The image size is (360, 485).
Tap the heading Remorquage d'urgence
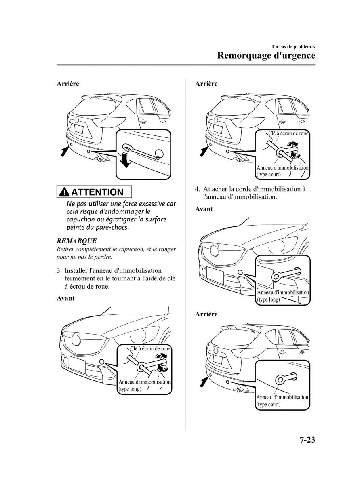266,55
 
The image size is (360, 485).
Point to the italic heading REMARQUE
77,241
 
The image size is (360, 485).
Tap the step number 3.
59,270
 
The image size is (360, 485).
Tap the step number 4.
198,189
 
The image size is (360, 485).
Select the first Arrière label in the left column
67,84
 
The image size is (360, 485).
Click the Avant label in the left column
65,298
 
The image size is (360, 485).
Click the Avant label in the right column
204,209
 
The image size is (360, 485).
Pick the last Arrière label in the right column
206,314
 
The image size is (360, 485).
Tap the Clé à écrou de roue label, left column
150,348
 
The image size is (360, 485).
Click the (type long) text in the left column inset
130,389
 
